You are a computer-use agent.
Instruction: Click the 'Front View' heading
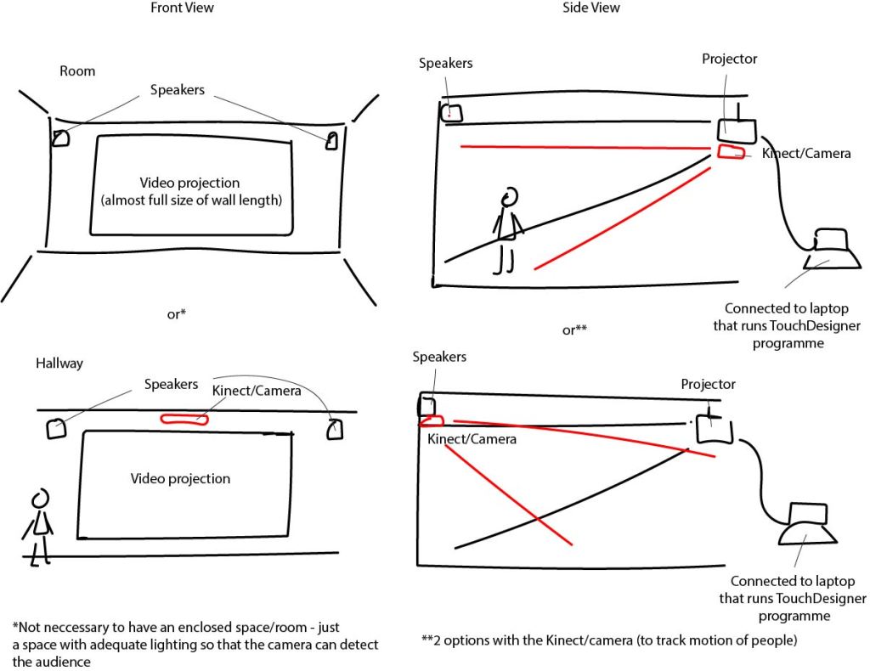click(182, 8)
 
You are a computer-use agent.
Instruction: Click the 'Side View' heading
click(591, 8)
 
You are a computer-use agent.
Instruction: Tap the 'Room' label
click(77, 71)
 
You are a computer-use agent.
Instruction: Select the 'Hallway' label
click(59, 363)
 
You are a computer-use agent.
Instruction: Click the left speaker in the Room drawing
click(60, 138)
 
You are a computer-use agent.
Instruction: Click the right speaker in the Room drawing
click(331, 140)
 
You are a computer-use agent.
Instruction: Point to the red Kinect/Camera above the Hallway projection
click(184, 418)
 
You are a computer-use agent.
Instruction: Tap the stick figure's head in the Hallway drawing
click(39, 498)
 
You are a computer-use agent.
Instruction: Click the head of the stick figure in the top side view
click(510, 196)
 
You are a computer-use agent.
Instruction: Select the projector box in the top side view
click(736, 130)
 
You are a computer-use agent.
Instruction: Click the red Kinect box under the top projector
click(730, 152)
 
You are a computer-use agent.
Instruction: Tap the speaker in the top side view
click(451, 112)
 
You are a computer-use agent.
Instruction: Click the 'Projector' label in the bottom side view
click(708, 385)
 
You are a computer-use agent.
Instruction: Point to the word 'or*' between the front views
click(177, 314)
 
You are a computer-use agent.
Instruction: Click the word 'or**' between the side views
click(575, 330)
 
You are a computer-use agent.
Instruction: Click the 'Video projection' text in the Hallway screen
click(180, 479)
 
